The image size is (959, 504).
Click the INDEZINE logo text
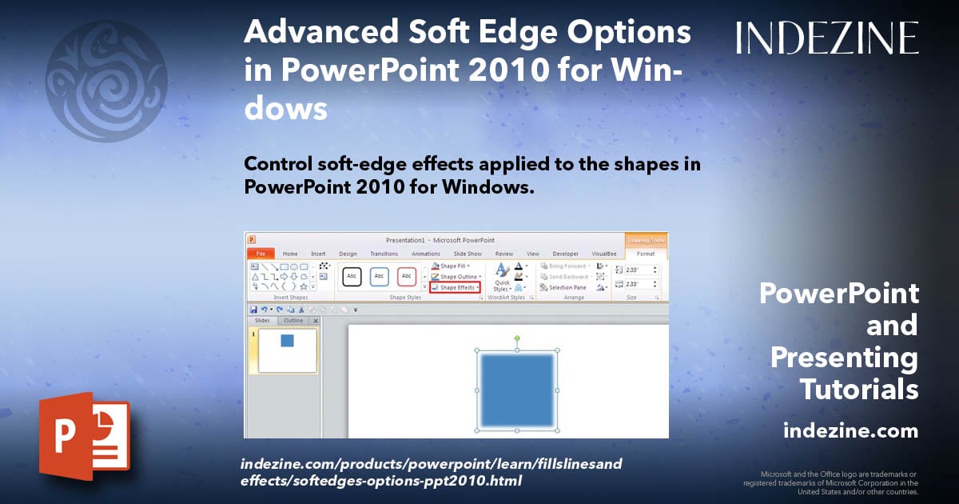[827, 38]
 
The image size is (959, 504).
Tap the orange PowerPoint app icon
[84, 435]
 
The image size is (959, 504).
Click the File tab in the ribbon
[260, 254]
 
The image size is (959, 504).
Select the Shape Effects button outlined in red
[455, 287]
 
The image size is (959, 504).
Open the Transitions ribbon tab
[384, 254]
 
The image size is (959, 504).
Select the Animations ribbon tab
[425, 254]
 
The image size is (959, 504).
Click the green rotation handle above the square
[517, 338]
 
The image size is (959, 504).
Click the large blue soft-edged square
[517, 390]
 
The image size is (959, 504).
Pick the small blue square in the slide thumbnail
[287, 341]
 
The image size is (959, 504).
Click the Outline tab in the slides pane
[293, 321]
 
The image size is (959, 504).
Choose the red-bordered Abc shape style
[407, 276]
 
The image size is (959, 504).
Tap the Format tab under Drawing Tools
[645, 254]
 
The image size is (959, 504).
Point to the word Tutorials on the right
[859, 390]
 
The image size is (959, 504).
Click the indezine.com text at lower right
[850, 431]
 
